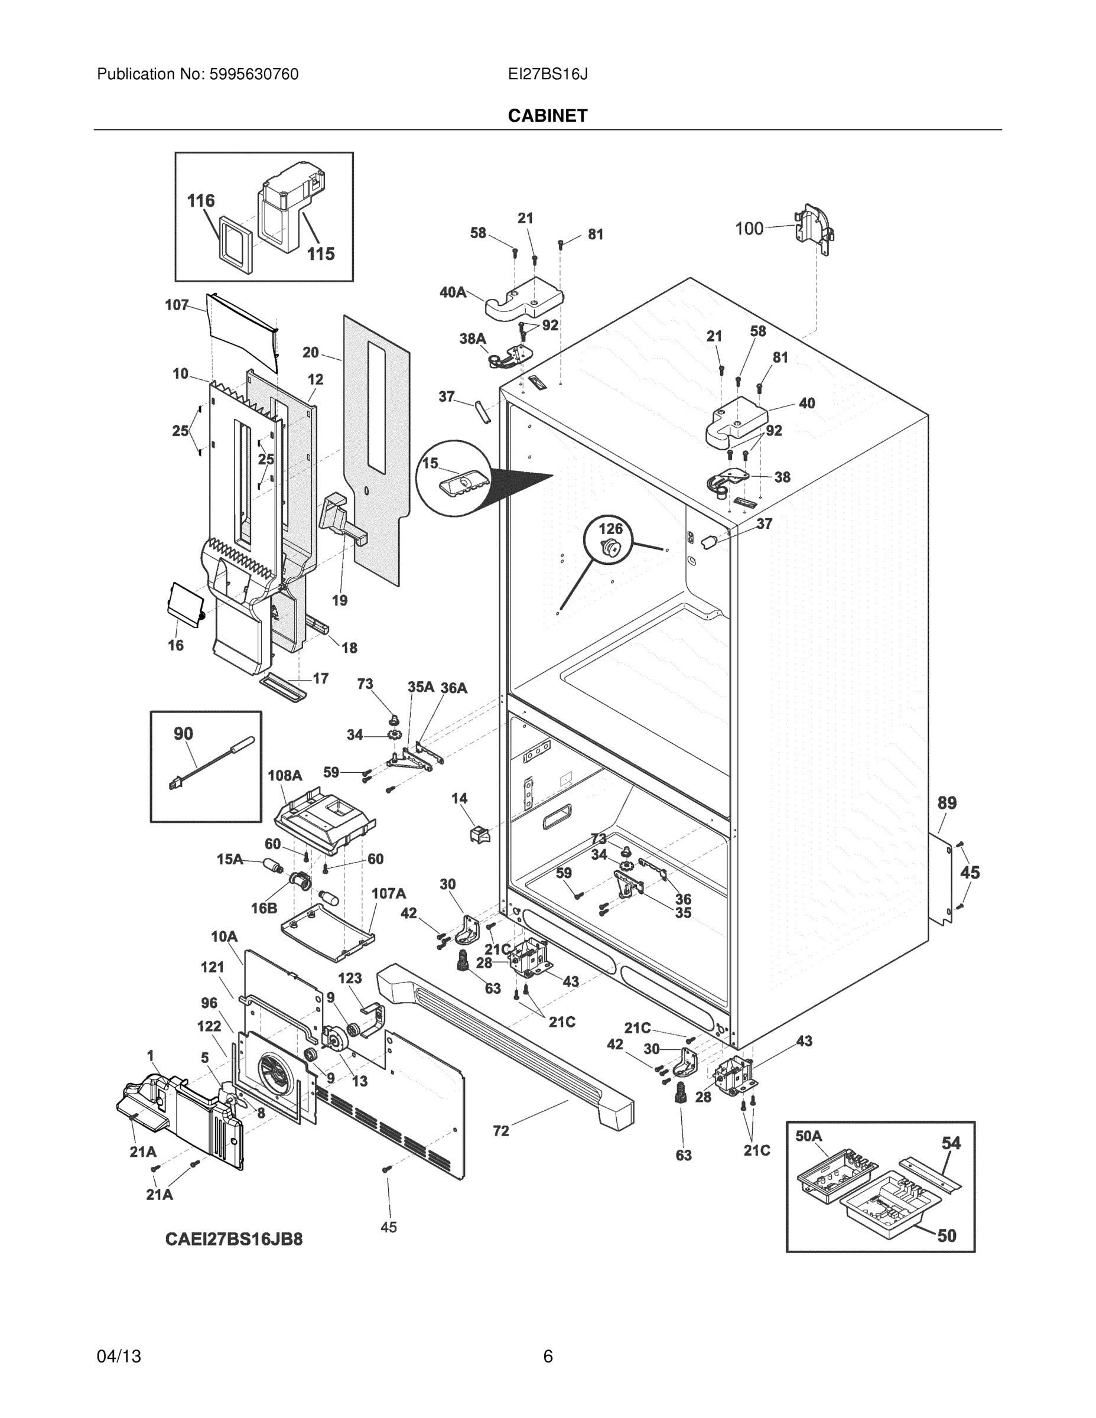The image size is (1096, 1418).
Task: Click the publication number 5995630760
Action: point(254,74)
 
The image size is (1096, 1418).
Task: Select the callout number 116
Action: point(201,201)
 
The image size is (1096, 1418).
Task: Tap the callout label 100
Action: point(749,229)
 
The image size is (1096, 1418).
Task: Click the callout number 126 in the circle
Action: point(610,529)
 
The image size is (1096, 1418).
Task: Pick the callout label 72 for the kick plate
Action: point(500,1130)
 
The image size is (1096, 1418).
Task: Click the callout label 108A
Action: point(285,775)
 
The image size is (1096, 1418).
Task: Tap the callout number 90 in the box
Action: point(183,734)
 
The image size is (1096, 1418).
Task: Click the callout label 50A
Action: point(808,1136)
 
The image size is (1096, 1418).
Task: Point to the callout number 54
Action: point(951,1142)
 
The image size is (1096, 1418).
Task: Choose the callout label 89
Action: point(947,803)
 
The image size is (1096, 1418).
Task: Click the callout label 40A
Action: point(453,292)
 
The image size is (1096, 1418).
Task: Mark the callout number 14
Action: point(459,798)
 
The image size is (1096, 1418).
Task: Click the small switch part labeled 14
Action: point(479,834)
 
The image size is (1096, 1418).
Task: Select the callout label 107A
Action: point(388,893)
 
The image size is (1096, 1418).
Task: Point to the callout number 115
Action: point(321,254)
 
